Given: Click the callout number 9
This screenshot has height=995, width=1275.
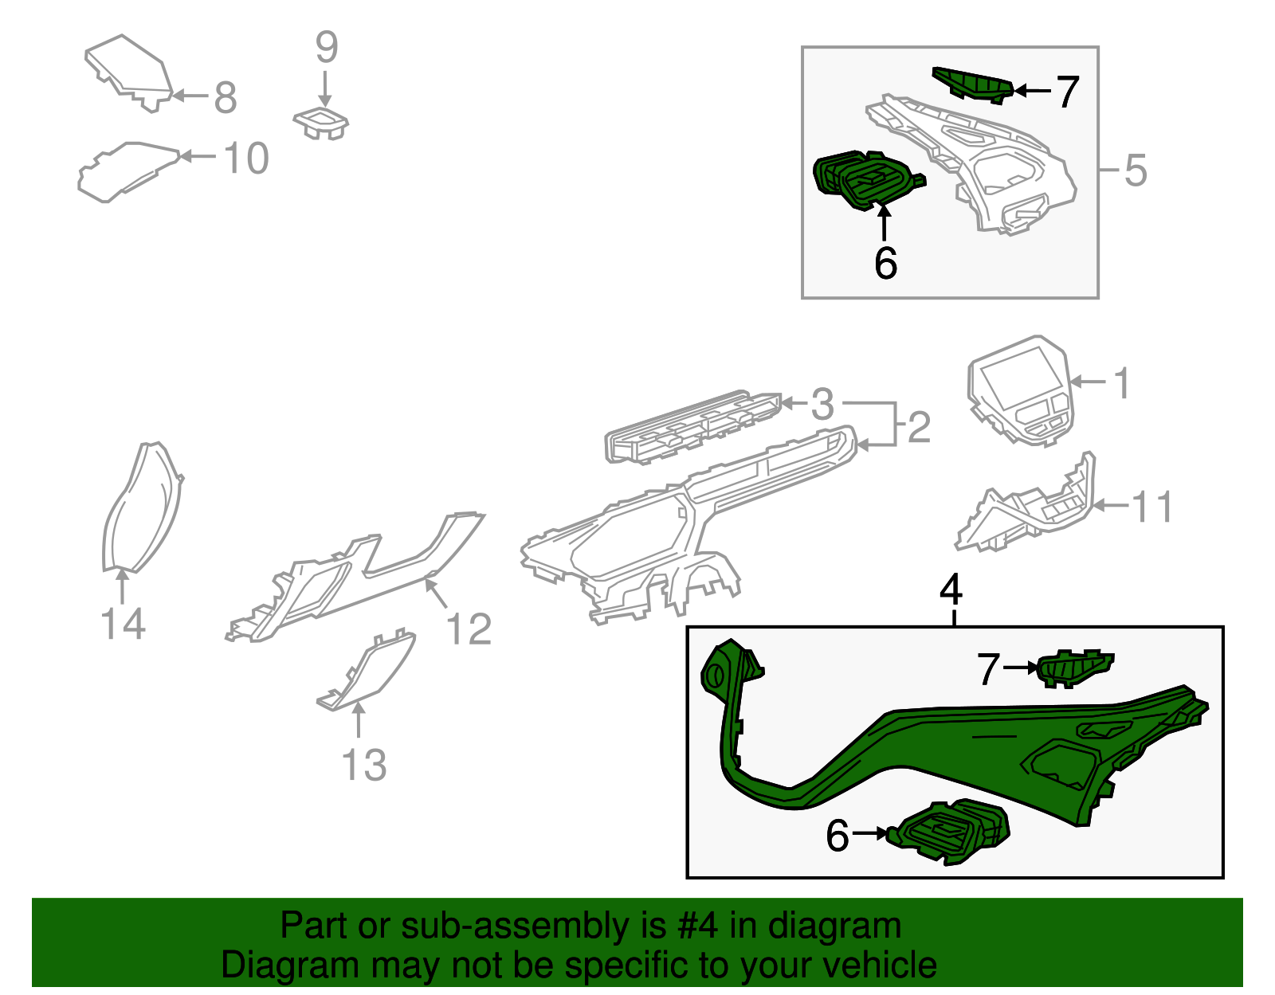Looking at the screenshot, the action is click(327, 47).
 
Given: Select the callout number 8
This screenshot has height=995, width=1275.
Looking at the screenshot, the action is click(226, 97).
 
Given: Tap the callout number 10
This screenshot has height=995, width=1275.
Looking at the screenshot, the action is click(246, 159).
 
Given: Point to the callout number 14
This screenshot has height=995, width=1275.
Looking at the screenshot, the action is click(123, 624).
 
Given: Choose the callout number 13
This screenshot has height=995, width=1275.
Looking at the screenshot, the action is click(364, 765).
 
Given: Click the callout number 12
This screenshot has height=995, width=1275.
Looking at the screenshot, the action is click(469, 629).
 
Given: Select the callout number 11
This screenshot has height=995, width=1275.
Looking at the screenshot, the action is click(1151, 507).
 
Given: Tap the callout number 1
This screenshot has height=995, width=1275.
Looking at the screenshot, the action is click(1121, 383).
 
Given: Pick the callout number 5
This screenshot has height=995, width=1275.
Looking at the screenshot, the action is click(1136, 170).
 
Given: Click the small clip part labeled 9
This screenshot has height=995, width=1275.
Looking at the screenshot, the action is click(321, 123).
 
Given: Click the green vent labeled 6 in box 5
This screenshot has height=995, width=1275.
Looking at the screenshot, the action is click(869, 181).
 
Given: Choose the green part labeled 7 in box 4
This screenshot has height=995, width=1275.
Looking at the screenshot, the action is click(1075, 668).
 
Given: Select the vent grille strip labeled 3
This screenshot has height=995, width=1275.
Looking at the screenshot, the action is click(692, 428).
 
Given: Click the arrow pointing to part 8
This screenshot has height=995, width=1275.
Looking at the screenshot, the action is click(190, 96).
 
